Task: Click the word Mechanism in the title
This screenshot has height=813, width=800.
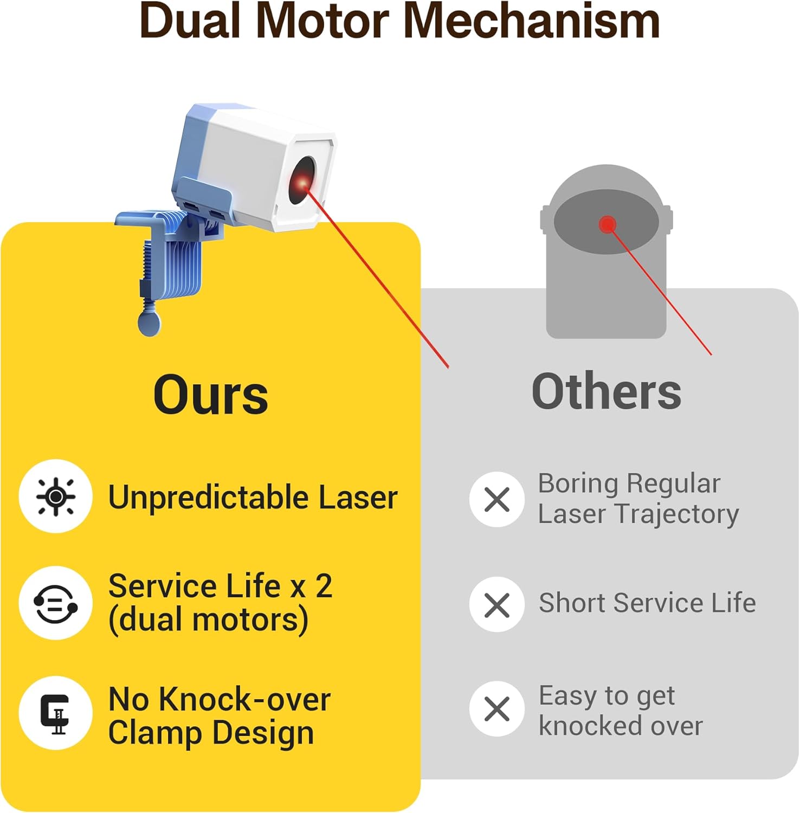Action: coord(531,22)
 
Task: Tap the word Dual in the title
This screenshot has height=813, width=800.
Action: coord(190,22)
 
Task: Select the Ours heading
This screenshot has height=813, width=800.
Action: coord(211,395)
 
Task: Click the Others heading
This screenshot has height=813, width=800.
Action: coord(607,391)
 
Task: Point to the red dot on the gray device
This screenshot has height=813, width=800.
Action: coord(608,224)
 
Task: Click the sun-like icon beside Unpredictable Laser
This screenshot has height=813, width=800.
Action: coord(55,496)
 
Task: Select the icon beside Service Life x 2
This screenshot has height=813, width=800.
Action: coord(55,603)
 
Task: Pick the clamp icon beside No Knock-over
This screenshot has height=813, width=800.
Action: coord(55,713)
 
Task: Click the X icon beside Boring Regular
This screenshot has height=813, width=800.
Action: coord(497,499)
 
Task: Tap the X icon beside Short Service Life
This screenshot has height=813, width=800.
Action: coord(497,604)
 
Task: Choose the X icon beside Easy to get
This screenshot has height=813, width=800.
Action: coord(497,709)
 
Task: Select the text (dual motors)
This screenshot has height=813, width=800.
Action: coord(209,620)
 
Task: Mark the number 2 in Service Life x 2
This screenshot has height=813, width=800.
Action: coord(324,586)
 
